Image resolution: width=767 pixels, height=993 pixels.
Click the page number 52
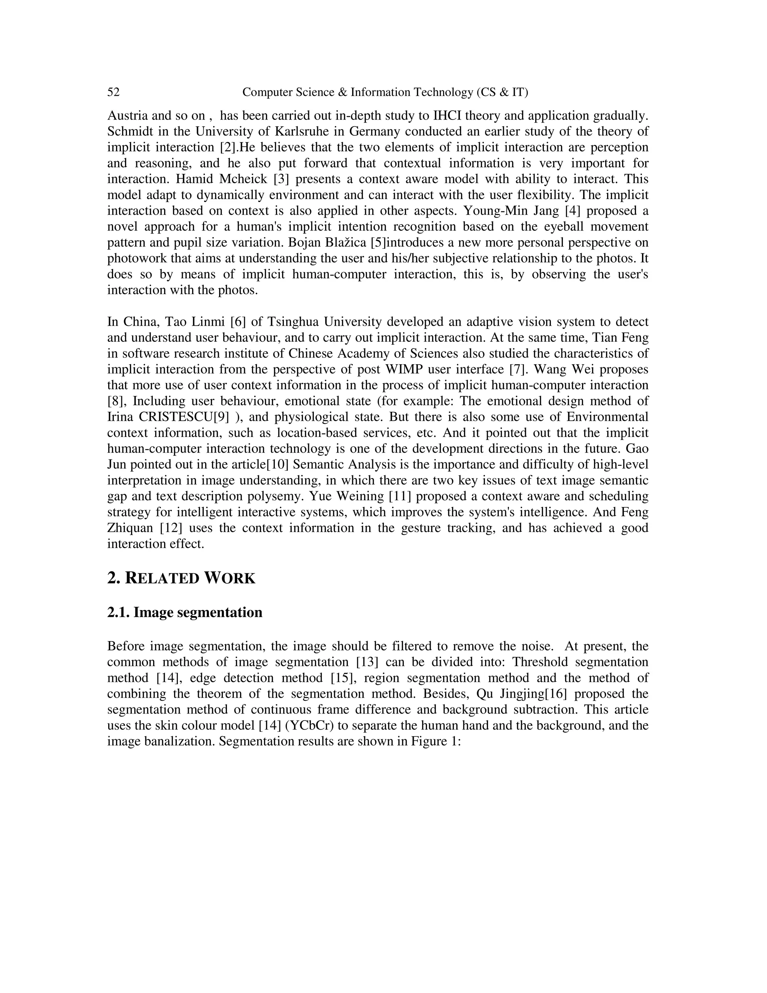pos(113,92)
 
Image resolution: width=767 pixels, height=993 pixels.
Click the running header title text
pos(385,92)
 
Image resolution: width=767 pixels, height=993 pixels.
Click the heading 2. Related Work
pos(181,578)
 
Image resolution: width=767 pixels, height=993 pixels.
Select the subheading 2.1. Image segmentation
pos(185,612)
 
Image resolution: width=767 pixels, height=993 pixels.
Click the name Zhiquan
pos(130,528)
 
